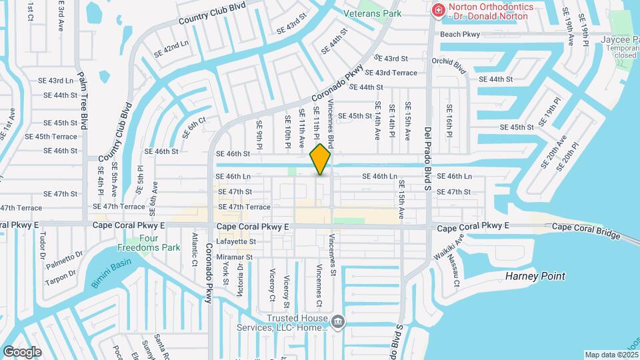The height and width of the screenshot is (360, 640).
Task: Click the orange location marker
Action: [321, 159]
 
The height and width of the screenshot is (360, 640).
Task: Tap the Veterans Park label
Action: [373, 13]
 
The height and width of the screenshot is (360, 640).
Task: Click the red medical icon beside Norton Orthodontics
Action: [438, 10]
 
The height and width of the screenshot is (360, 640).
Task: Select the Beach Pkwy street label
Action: [460, 34]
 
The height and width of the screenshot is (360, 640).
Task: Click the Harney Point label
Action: [535, 276]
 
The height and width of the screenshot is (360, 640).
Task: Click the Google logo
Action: [22, 351]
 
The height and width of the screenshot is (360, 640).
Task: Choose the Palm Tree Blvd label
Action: [84, 100]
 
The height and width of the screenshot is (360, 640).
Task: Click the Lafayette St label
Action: [237, 241]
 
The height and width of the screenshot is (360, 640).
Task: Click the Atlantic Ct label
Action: [195, 247]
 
